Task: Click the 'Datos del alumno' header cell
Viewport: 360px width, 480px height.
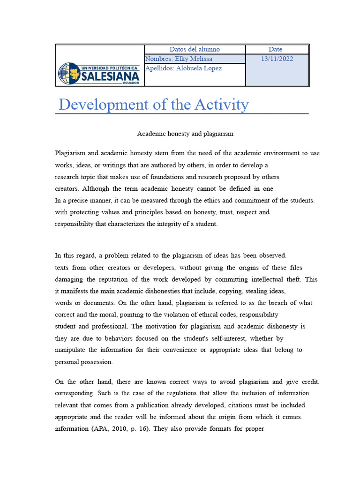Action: [195, 49]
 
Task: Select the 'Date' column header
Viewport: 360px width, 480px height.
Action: [275, 49]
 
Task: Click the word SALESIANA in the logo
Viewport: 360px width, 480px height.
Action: [110, 76]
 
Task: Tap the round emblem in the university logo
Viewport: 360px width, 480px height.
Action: [69, 74]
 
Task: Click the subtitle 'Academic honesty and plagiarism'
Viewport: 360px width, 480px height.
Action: [185, 134]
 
